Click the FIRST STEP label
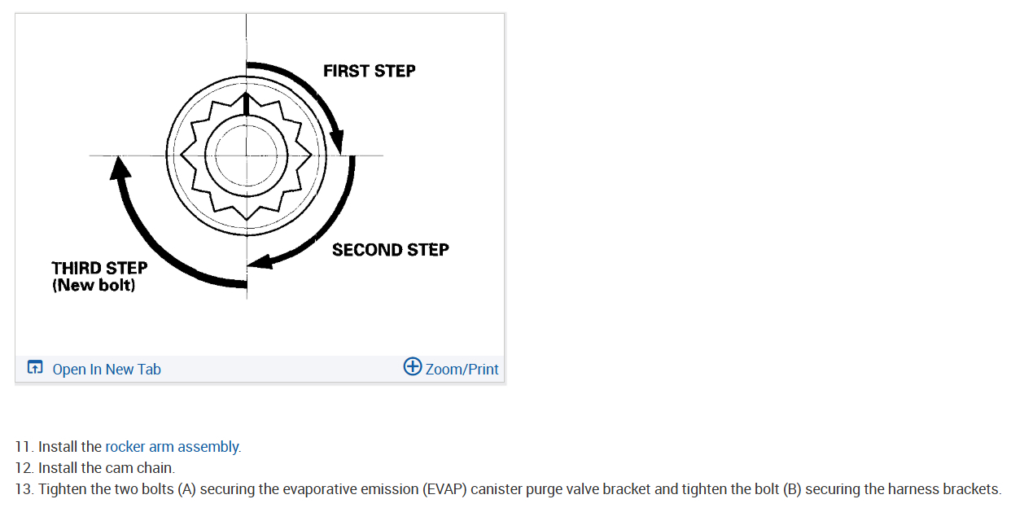369,71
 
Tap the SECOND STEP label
390,250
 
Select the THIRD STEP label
99,268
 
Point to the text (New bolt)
94,286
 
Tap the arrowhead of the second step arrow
259,262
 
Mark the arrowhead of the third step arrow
120,167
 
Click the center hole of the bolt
246,155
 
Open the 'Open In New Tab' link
107,370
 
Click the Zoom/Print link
462,370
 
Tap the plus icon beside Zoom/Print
413,367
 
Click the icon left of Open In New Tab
35,368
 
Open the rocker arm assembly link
172,447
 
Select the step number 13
24,489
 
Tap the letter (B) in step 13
792,489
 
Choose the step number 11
24,447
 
